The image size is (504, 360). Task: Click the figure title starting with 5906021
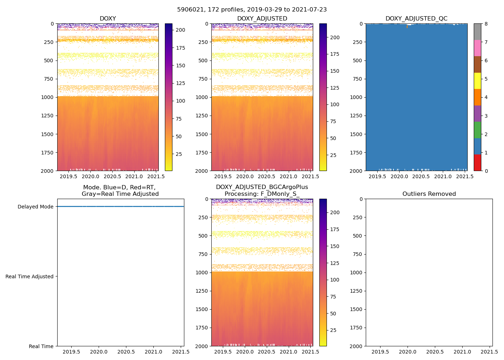[252, 10]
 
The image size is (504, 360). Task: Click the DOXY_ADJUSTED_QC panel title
[416, 19]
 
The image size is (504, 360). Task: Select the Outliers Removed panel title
[429, 194]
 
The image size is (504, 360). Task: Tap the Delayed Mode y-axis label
[35, 207]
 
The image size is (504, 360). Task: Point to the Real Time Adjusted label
[30, 276]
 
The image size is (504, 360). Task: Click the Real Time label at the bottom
[41, 346]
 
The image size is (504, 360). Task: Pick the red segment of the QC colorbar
[477, 163]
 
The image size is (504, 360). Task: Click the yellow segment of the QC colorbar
[477, 81]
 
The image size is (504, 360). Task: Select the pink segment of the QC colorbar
[477, 48]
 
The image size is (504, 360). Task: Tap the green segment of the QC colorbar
[477, 130]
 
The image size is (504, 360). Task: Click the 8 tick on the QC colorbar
[486, 24]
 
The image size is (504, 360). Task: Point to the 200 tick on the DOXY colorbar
[180, 30]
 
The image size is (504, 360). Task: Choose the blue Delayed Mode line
[121, 207]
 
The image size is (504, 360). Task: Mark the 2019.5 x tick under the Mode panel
[71, 352]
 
